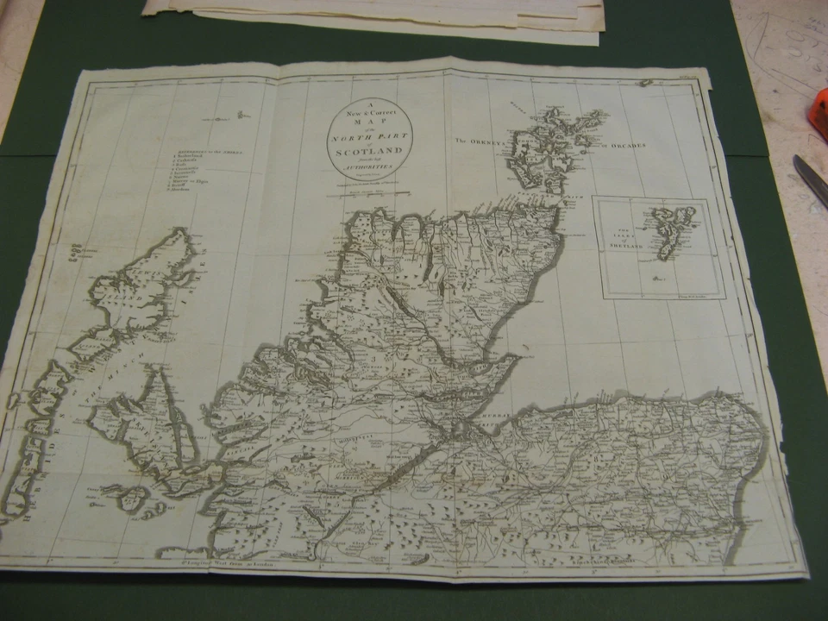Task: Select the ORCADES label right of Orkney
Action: coord(627,146)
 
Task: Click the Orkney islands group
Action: coord(552,147)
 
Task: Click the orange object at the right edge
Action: coord(818,116)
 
